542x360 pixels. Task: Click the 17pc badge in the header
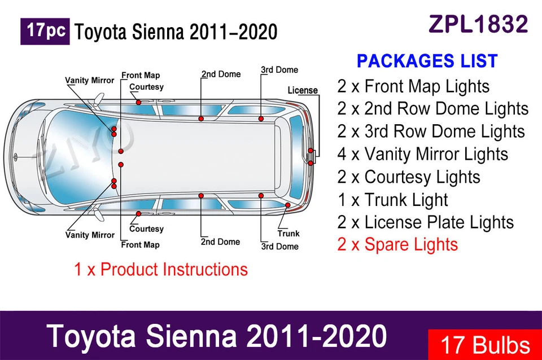45,31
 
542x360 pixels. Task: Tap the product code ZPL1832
478,24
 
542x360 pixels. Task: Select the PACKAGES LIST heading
427,61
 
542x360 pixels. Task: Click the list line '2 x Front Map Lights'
413,86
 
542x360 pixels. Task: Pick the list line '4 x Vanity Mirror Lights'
423,154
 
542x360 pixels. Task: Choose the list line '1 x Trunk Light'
392,200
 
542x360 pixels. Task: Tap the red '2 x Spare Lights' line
397,245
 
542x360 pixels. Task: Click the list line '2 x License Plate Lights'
426,222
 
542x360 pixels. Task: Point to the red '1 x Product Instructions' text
161,269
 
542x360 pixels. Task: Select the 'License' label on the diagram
303,90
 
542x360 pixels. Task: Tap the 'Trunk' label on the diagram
288,234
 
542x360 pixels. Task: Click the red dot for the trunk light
287,205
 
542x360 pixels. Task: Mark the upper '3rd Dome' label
279,70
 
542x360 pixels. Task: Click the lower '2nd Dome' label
220,242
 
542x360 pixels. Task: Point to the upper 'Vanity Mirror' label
89,80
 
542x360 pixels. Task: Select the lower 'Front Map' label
140,245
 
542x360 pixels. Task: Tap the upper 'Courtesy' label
146,87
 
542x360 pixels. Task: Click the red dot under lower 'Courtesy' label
138,214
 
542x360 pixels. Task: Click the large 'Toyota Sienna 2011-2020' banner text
218,336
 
